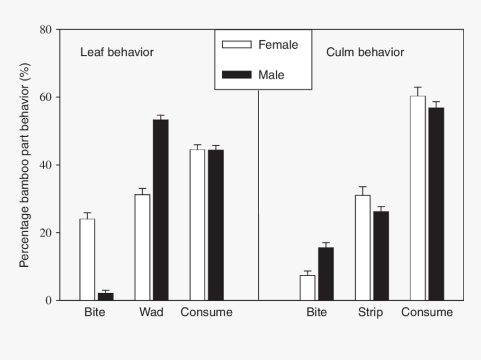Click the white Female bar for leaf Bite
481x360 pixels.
[x=87, y=259]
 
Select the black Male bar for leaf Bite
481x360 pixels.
[x=106, y=296]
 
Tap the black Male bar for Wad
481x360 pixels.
[x=161, y=210]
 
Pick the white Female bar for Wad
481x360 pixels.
[x=142, y=247]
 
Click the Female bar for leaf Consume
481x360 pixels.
[x=197, y=225]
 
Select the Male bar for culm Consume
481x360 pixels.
[x=436, y=204]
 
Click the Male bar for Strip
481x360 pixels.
[x=381, y=255]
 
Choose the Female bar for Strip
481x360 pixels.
[x=362, y=247]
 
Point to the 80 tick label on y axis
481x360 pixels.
[x=45, y=30]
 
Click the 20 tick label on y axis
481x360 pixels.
[x=45, y=233]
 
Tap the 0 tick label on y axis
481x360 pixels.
[x=49, y=301]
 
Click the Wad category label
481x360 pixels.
[x=151, y=312]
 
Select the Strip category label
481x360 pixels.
[x=371, y=312]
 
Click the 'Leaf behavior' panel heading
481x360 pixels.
[x=117, y=52]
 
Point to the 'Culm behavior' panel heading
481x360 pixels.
[x=365, y=52]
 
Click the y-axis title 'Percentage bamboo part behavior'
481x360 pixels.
[x=25, y=165]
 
